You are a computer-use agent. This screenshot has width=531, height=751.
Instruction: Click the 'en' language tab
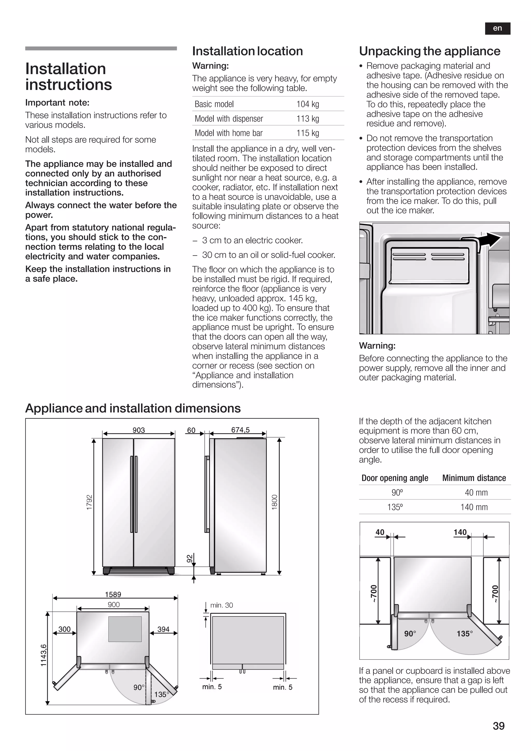497,29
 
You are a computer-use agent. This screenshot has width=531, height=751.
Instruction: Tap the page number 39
499,726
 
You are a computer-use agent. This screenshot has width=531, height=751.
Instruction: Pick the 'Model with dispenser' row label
229,119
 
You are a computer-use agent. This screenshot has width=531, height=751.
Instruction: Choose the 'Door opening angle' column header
395,478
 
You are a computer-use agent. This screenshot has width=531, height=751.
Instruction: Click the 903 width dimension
139,430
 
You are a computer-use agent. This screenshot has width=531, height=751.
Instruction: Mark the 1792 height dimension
89,502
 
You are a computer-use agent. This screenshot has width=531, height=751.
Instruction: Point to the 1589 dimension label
113,594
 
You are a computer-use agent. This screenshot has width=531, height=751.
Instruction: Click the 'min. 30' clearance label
222,605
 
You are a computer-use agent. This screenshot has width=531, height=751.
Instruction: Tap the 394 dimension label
164,629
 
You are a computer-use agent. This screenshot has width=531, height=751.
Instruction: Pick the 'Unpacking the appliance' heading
430,51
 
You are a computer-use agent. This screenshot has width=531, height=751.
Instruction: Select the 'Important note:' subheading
57,103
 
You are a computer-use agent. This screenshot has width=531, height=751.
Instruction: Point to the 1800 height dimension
274,502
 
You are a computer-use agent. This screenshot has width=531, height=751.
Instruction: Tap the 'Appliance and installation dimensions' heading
133,408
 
